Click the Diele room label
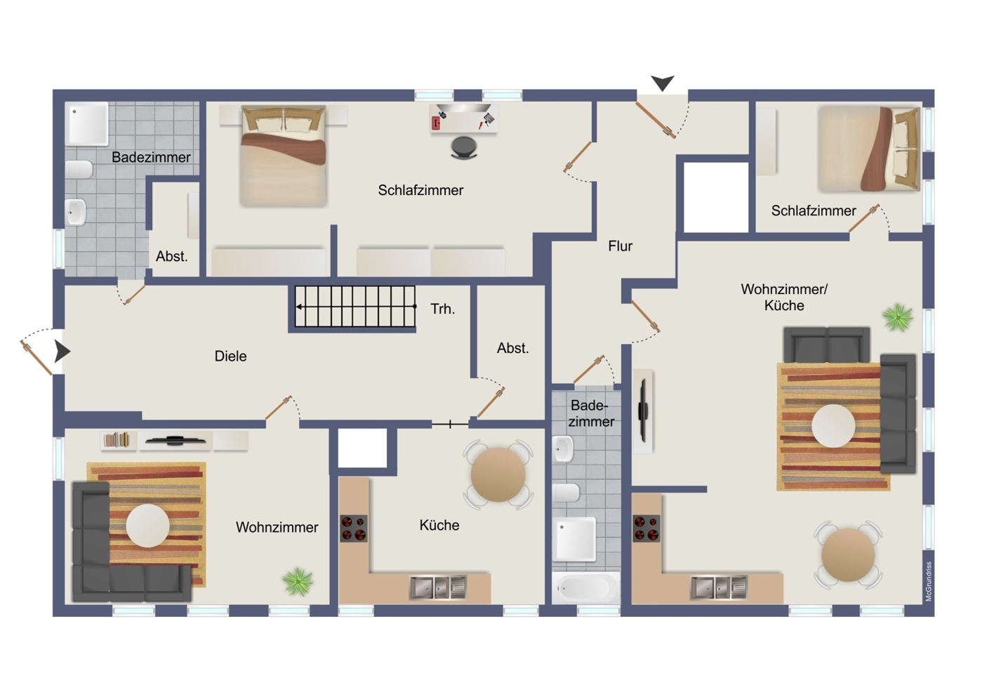(231, 356)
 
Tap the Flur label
(620, 246)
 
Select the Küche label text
(439, 525)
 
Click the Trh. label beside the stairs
(443, 309)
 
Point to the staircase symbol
(354, 307)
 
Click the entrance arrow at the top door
(663, 83)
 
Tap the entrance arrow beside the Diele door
(62, 352)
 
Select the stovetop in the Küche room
(354, 528)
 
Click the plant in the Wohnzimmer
(298, 582)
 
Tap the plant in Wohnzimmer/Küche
(897, 316)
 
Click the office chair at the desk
(464, 147)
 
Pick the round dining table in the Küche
(498, 474)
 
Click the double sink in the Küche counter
(438, 587)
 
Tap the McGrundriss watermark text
(929, 582)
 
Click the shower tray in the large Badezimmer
(88, 123)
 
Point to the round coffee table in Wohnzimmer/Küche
(833, 426)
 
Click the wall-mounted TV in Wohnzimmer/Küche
(643, 410)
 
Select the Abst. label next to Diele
(513, 348)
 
